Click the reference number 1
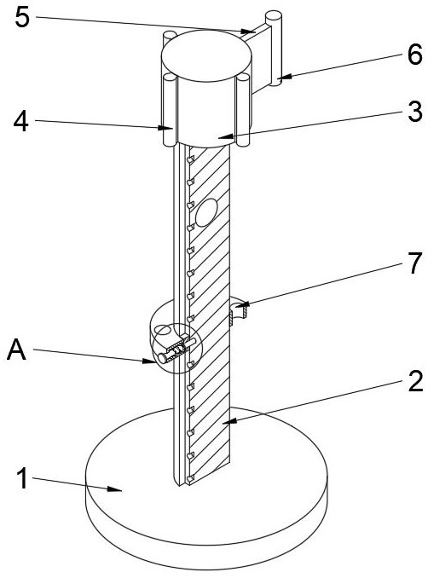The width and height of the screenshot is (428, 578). (x=23, y=478)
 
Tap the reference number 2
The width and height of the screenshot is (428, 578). (x=415, y=381)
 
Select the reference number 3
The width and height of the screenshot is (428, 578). (x=415, y=112)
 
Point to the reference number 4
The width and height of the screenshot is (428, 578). (x=21, y=121)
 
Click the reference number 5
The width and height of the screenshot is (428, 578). (x=22, y=16)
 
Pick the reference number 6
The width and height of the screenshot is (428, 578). (x=415, y=55)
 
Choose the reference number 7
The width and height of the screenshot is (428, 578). (x=415, y=263)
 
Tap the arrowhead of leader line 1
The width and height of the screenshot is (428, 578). (x=115, y=488)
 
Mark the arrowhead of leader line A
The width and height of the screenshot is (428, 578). (x=149, y=361)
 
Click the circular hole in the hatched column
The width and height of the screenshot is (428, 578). (x=206, y=212)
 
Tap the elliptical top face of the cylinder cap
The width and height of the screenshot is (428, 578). (x=207, y=55)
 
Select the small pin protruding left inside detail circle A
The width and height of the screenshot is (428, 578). (x=163, y=357)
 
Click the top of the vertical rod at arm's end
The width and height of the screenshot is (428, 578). (x=274, y=16)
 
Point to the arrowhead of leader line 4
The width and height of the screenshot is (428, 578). (x=166, y=128)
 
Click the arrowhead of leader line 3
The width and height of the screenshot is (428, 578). (x=226, y=137)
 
